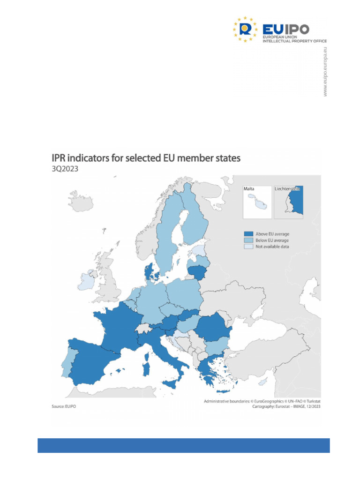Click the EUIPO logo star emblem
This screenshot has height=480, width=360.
coord(245,29)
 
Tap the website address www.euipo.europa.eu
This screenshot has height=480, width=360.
coord(325,72)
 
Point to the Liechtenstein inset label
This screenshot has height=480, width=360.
coord(287,188)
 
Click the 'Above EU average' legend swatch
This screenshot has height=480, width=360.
coord(248,233)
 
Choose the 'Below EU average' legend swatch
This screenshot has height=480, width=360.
coord(248,240)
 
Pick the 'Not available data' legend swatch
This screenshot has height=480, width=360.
coord(248,247)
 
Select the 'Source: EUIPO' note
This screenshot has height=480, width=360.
coord(63,407)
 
